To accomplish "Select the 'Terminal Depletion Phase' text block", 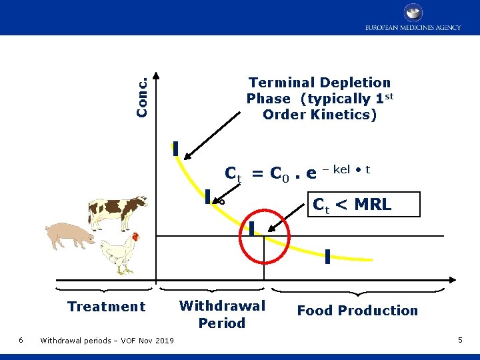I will click(x=319, y=99).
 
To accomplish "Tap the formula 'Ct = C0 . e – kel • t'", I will click(x=297, y=173).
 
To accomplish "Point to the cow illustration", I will click(x=117, y=212).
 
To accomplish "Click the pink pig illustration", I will click(x=69, y=235).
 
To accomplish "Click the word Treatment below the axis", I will click(x=106, y=307).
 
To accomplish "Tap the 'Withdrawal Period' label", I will click(x=222, y=314).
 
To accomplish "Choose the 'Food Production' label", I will click(x=357, y=311).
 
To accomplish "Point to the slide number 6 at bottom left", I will click(x=21, y=341).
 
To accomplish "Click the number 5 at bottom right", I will click(x=460, y=341).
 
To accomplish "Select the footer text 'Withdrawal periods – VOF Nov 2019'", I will click(x=107, y=341).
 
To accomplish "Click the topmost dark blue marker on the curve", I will click(x=175, y=148).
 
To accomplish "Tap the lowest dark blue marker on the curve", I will click(x=328, y=257).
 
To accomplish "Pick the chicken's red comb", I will click(x=136, y=236).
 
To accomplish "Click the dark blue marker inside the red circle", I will click(x=251, y=229).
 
